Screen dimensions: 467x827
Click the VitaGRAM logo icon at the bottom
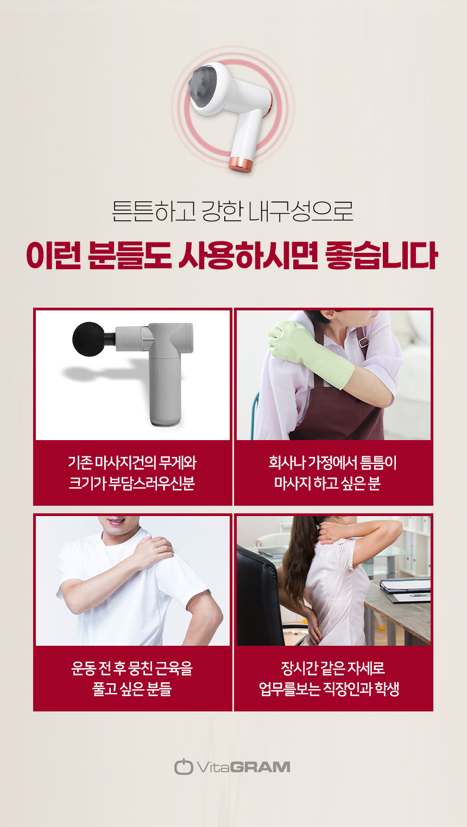point(184,767)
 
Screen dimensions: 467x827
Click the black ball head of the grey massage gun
point(89,339)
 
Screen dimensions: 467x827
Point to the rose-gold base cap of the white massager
point(242,164)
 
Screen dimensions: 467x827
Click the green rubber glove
point(311,353)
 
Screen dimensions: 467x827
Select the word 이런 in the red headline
point(53,255)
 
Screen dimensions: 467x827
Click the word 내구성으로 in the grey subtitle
point(301,211)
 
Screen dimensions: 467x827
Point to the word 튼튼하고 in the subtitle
point(153,211)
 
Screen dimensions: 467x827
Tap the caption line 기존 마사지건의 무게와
point(132,462)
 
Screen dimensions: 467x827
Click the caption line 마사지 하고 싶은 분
point(327,483)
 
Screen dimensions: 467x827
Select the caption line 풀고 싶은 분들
point(132,689)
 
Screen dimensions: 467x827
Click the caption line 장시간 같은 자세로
point(333,667)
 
